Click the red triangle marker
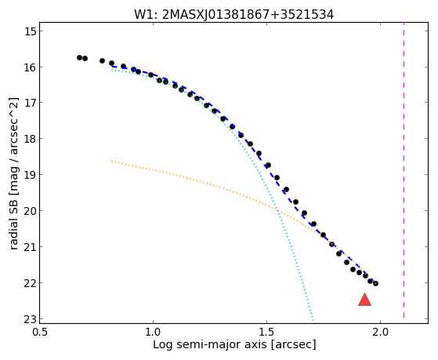pyautogui.click(x=364, y=300)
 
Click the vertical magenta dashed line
pyautogui.click(x=404, y=170)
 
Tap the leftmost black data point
pyautogui.click(x=79, y=57)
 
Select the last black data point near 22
pyautogui.click(x=375, y=283)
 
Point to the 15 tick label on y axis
pyautogui.click(x=31, y=31)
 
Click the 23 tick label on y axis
pyautogui.click(x=31, y=319)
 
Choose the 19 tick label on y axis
pyautogui.click(x=31, y=175)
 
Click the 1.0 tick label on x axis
pyautogui.click(x=153, y=332)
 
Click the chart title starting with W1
pyautogui.click(x=233, y=15)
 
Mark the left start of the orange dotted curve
pyautogui.click(x=112, y=161)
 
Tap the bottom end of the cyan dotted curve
pyautogui.click(x=313, y=321)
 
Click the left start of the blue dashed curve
pyautogui.click(x=112, y=67)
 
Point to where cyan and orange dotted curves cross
pyautogui.click(x=277, y=209)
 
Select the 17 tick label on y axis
pyautogui.click(x=31, y=103)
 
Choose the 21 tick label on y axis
pyautogui.click(x=31, y=247)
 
